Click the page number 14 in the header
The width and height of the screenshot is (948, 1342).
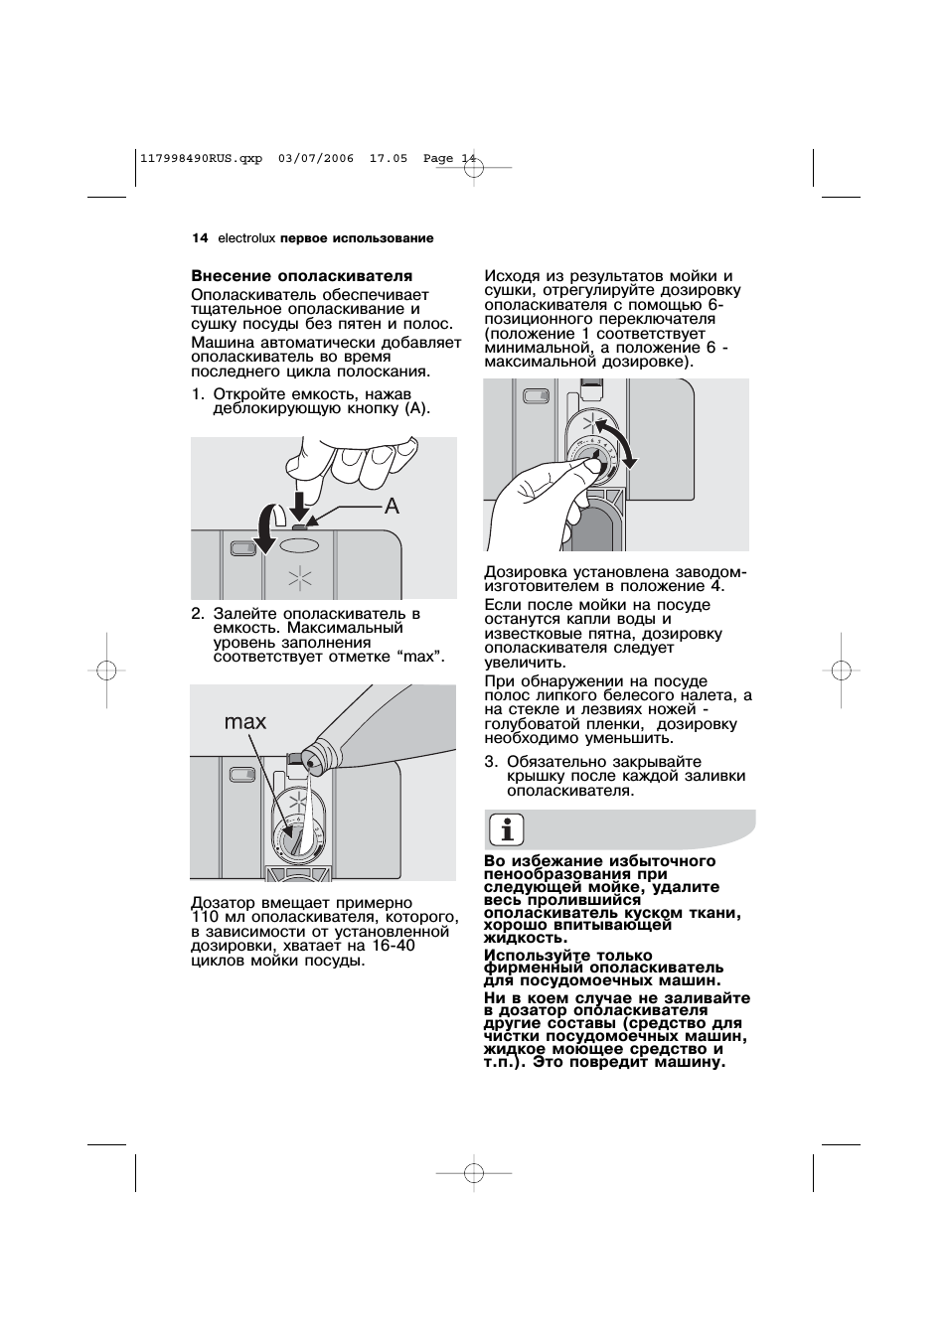[x=199, y=238]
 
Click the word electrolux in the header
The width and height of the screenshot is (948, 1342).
[x=246, y=238]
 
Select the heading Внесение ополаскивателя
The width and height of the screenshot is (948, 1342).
[x=301, y=276]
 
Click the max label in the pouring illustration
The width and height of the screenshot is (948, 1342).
[x=244, y=722]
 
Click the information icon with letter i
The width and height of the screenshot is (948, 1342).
[x=509, y=829]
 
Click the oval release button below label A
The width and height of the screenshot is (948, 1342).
[x=299, y=545]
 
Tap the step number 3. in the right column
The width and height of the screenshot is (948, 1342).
[x=491, y=762]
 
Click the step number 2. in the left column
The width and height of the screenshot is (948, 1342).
[x=197, y=614]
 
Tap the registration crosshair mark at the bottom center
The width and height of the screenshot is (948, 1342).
[x=474, y=1173]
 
